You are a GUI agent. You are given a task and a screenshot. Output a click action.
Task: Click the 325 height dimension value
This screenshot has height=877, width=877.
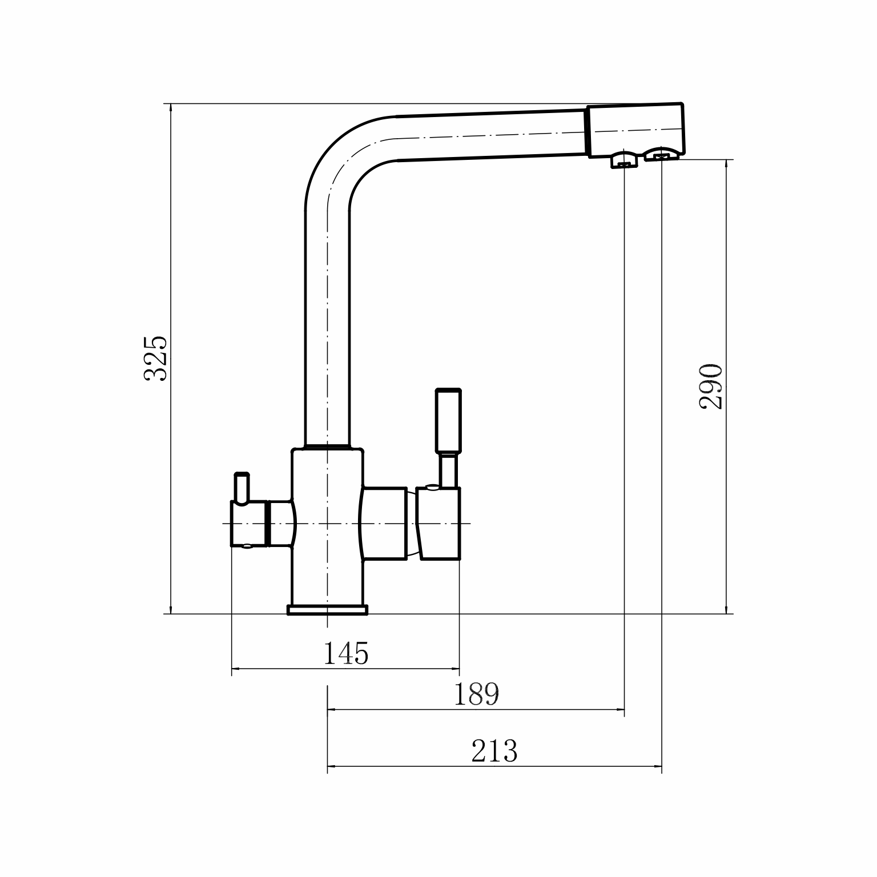pyautogui.click(x=155, y=358)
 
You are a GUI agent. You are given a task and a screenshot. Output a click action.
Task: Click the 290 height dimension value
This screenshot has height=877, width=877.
pyautogui.click(x=711, y=386)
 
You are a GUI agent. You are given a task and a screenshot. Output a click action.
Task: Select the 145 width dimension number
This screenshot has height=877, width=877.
pyautogui.click(x=346, y=654)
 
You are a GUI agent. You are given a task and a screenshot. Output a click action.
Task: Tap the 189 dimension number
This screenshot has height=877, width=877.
pyautogui.click(x=476, y=694)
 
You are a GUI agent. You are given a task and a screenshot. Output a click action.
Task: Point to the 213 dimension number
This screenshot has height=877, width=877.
pyautogui.click(x=494, y=751)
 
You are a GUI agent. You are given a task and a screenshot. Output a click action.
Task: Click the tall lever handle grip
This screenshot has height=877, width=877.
pyautogui.click(x=448, y=420)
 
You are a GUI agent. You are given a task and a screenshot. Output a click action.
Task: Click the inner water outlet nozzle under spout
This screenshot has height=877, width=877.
pyautogui.click(x=624, y=160)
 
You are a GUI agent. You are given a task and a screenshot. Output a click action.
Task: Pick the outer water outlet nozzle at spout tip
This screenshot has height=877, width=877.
pyautogui.click(x=661, y=153)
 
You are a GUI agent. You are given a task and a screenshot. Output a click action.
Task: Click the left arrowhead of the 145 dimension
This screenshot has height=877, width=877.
pyautogui.click(x=236, y=669)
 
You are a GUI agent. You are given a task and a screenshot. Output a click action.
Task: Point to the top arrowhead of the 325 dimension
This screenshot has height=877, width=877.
pyautogui.click(x=171, y=110)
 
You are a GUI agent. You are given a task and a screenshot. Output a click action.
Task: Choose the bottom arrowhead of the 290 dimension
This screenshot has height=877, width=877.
pyautogui.click(x=726, y=608)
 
